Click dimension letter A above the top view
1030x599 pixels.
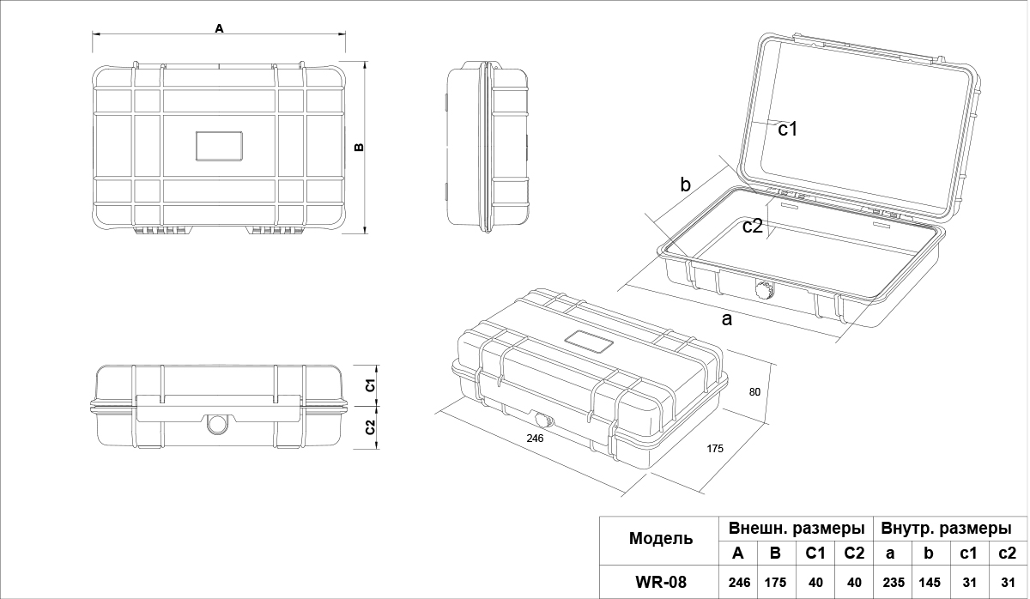[x=219, y=28]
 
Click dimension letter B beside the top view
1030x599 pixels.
[x=360, y=147]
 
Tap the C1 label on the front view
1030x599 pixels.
[x=370, y=384]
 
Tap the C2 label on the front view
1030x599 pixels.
[x=370, y=426]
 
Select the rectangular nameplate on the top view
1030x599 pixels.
[x=220, y=146]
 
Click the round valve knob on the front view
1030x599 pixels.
[x=218, y=424]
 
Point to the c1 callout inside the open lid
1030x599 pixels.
[x=788, y=130]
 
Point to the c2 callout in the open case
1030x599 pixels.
[x=753, y=226]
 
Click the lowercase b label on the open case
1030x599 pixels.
[x=685, y=184]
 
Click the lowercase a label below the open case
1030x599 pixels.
[x=727, y=320]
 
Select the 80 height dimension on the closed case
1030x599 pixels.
[x=754, y=392]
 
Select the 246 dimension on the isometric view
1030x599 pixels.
[x=535, y=438]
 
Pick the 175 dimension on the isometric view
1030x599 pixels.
[x=716, y=448]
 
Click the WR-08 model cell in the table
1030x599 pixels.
[x=660, y=582]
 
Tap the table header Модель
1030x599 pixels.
[x=660, y=539]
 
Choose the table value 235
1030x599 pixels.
[x=894, y=582]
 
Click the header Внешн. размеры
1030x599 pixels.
[x=796, y=527]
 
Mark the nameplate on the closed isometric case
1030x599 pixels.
[x=589, y=342]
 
